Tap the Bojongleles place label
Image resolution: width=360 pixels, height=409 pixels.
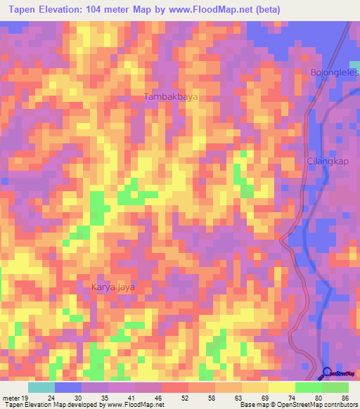point(335,72)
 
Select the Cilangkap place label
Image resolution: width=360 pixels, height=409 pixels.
point(328,161)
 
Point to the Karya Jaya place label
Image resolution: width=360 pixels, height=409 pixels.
point(112,287)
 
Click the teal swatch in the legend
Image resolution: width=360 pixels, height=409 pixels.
point(41,387)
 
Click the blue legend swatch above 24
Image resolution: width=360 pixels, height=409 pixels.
point(67,387)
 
